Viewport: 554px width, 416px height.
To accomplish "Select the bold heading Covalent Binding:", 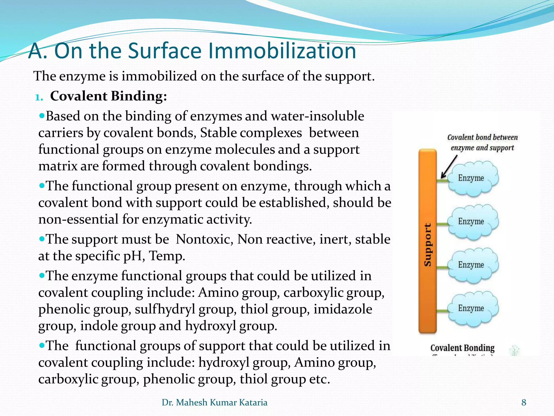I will click(108, 96).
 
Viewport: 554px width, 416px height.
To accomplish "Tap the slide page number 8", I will click(524, 402).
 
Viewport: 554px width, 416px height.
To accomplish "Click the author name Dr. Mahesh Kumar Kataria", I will click(214, 402).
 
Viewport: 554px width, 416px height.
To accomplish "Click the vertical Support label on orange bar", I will click(427, 245).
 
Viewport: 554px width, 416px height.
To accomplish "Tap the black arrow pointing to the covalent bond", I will click(449, 167).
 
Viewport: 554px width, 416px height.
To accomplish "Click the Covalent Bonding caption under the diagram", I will click(462, 348).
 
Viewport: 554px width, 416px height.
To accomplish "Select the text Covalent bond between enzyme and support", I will click(482, 142).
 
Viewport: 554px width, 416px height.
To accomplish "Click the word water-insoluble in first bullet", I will click(317, 116).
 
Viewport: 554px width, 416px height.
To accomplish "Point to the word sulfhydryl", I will click(165, 309).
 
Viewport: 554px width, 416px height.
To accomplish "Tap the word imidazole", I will click(343, 309).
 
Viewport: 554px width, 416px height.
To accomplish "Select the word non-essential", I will click(78, 219).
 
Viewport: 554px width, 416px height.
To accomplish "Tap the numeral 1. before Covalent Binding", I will click(39, 97).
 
